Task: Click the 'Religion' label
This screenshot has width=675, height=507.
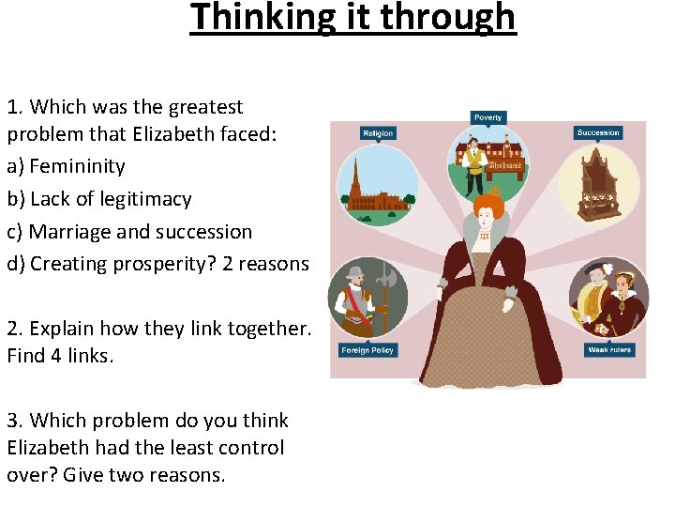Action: (x=378, y=133)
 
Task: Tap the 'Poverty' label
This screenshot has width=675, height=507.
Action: (x=487, y=117)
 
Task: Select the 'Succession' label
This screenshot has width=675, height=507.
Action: (x=598, y=132)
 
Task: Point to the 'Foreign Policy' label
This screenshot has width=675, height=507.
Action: (x=367, y=350)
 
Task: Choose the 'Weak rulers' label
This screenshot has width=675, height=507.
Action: (x=608, y=349)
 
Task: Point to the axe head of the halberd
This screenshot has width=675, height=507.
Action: (x=381, y=271)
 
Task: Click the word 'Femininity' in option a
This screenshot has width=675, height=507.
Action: (x=77, y=166)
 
